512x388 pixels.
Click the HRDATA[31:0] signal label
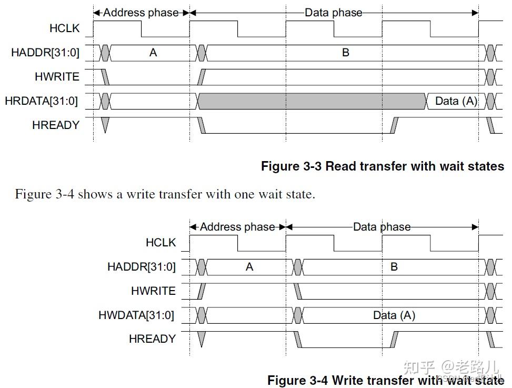(x=41, y=101)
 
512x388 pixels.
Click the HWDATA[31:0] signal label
(x=136, y=316)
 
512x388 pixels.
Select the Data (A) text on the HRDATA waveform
(x=456, y=101)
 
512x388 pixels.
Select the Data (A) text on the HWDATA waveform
(x=394, y=316)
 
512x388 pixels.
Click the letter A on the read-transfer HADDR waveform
(x=153, y=53)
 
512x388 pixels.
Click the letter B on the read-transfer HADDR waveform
(x=346, y=53)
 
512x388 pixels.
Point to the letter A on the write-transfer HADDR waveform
(x=249, y=267)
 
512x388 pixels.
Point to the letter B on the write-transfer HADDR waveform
(x=394, y=267)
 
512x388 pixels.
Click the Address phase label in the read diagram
(x=140, y=13)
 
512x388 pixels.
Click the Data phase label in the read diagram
(x=334, y=13)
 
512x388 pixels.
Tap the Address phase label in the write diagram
(x=237, y=227)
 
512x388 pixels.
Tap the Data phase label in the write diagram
(x=382, y=227)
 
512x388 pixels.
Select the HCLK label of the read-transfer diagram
(x=64, y=28)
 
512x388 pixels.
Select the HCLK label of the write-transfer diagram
(x=160, y=243)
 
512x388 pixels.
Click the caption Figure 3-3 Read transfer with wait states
(x=383, y=166)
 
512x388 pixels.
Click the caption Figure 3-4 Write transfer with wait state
(x=385, y=380)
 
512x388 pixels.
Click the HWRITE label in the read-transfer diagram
(x=57, y=77)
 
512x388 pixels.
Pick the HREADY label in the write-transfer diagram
(x=152, y=339)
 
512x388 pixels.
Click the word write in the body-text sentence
(x=137, y=194)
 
